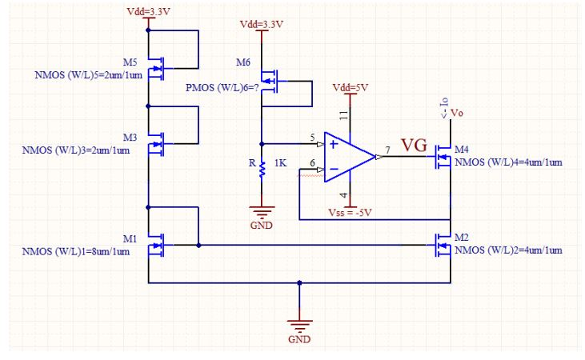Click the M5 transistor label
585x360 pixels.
tap(130, 62)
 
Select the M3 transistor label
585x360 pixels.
tap(130, 137)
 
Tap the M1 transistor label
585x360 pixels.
tap(130, 238)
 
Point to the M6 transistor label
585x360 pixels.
tap(244, 62)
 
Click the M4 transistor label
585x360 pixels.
tap(462, 150)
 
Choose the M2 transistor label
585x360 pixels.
tap(462, 238)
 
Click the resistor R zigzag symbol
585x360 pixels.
tap(262, 169)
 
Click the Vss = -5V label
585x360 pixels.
tap(352, 214)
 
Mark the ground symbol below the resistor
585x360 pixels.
tap(262, 214)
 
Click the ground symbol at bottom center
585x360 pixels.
tap(299, 327)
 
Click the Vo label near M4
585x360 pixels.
tap(458, 113)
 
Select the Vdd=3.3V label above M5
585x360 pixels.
tap(148, 12)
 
